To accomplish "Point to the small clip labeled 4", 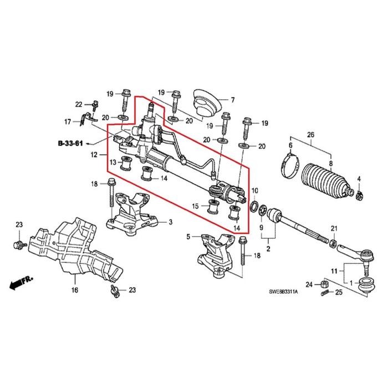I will click(x=359, y=194).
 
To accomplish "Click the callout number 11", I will click(x=333, y=270).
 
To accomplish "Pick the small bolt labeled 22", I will click(x=95, y=104).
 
